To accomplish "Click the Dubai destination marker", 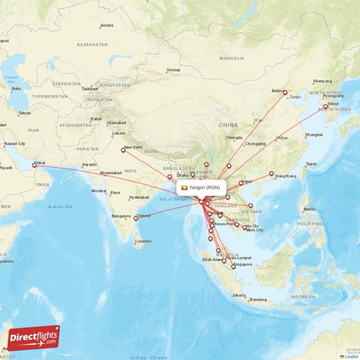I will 34,165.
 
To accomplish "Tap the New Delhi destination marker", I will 123,150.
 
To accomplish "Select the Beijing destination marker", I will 285,93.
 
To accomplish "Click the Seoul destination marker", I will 325,107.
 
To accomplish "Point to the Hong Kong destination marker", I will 271,173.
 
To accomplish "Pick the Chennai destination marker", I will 135,219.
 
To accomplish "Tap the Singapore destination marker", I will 233,266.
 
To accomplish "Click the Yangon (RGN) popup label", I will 204,187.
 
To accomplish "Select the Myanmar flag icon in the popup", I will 184,187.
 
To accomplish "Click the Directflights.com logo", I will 34,338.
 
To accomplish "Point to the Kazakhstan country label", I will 92,45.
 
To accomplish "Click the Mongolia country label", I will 232,58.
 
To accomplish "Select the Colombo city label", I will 143,241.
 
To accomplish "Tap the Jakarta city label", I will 238,295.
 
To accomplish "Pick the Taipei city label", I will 311,164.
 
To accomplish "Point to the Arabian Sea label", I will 61,207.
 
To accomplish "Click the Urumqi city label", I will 173,70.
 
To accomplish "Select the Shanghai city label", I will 314,135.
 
